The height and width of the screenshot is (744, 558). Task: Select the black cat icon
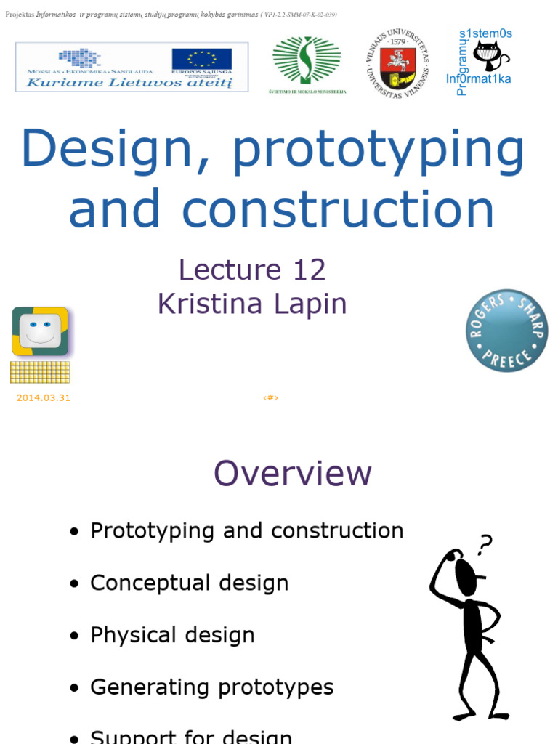pyautogui.click(x=489, y=56)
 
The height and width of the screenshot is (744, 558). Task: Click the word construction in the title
pyautogui.click(x=338, y=209)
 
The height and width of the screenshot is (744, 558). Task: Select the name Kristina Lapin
pyautogui.click(x=252, y=304)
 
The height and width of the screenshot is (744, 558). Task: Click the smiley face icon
pyautogui.click(x=40, y=331)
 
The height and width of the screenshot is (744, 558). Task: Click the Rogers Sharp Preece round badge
pyautogui.click(x=506, y=331)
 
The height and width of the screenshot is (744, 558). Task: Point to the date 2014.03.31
pyautogui.click(x=43, y=397)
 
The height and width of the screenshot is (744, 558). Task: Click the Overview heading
pyautogui.click(x=292, y=474)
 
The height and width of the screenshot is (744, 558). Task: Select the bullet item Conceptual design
pyautogui.click(x=189, y=583)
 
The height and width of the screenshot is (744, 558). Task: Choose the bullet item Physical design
pyautogui.click(x=172, y=635)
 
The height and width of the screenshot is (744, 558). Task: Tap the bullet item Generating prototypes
pyautogui.click(x=211, y=687)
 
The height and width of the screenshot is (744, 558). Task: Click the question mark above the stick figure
pyautogui.click(x=485, y=543)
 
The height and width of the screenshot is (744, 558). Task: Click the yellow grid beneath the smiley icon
pyautogui.click(x=40, y=372)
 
